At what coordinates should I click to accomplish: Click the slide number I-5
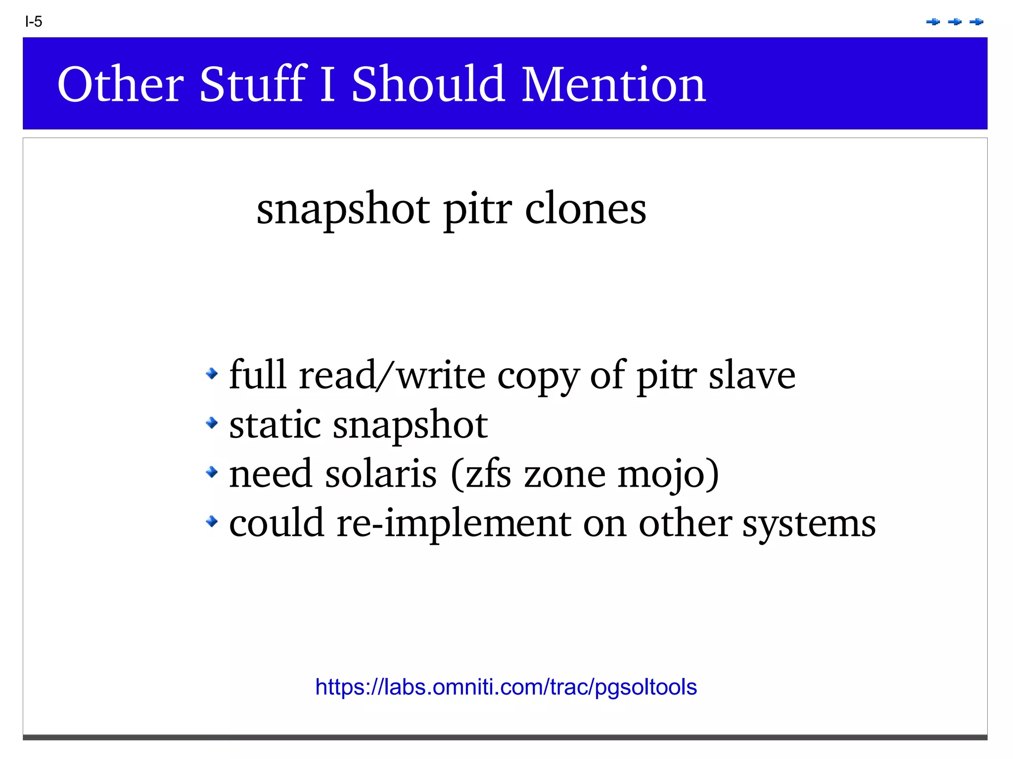pyautogui.click(x=34, y=22)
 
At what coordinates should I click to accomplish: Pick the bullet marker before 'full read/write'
pyautogui.click(x=212, y=373)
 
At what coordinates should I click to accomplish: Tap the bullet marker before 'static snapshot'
pyautogui.click(x=212, y=423)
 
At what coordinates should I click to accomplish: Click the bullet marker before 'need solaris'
pyautogui.click(x=212, y=472)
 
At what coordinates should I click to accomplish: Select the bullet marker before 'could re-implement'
pyautogui.click(x=212, y=521)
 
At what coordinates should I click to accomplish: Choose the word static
pyautogui.click(x=275, y=424)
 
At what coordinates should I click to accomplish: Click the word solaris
pyautogui.click(x=381, y=474)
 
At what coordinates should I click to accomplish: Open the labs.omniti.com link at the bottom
pyautogui.click(x=506, y=687)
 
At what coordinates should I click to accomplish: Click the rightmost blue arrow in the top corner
pyautogui.click(x=976, y=22)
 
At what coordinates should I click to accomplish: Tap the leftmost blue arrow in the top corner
pyautogui.click(x=933, y=22)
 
